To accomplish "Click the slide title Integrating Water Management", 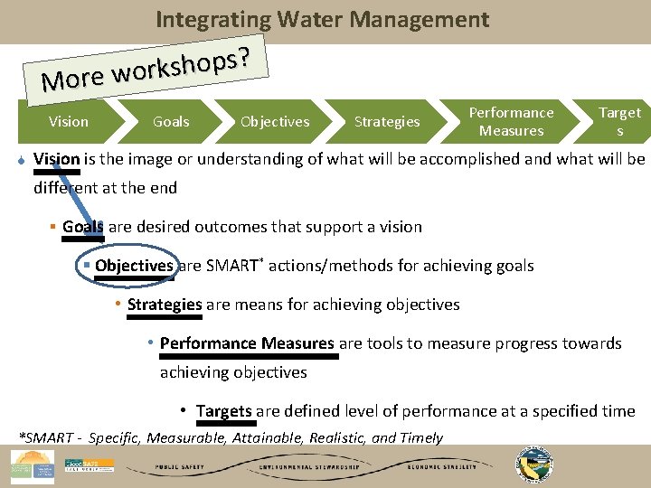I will coord(322,19).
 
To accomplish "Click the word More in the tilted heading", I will coord(72,80).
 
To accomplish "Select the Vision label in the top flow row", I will coord(69,121).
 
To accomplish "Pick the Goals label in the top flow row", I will coord(171,121).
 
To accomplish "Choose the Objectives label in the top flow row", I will coord(275,121).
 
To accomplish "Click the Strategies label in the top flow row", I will coord(387,121).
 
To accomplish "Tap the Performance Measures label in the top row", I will coord(511,121).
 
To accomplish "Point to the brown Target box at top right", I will coord(619,121).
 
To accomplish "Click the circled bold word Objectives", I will coord(134,266).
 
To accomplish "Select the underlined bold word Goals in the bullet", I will coord(83,227).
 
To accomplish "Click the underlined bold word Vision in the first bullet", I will coord(57,159).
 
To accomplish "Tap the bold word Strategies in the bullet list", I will coord(165,305).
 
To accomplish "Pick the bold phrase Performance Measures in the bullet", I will coord(247,343).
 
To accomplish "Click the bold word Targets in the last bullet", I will coord(224,411).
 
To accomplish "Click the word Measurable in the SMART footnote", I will coord(184,438).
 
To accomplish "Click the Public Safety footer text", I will coord(180,467).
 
